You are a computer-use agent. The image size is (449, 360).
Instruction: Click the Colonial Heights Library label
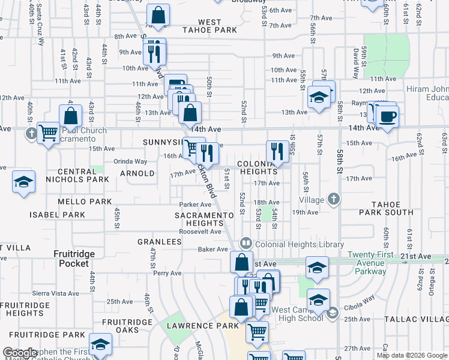[x=300, y=244]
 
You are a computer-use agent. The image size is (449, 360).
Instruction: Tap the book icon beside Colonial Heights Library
[x=246, y=244]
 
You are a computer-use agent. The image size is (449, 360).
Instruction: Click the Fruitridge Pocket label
[x=75, y=259]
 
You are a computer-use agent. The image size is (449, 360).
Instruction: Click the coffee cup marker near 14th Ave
[x=388, y=116]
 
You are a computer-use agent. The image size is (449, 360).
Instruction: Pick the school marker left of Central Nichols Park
[x=23, y=181]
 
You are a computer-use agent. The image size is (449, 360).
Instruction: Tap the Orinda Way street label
[x=131, y=161]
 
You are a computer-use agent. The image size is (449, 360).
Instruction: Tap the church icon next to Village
[x=334, y=199]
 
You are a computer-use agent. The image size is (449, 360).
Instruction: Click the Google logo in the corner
[x=19, y=353]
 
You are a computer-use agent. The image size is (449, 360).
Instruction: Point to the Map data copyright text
[x=411, y=355]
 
